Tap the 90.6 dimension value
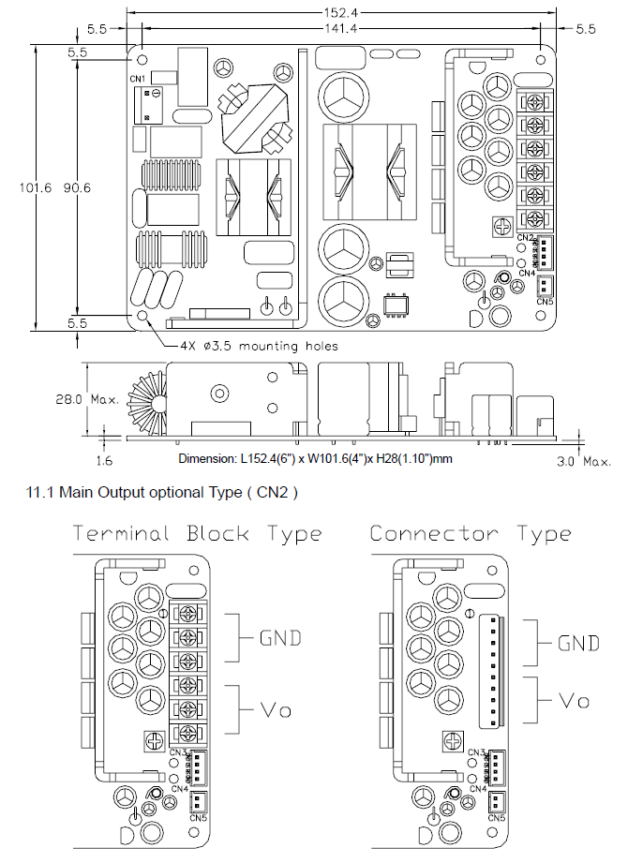click(x=77, y=188)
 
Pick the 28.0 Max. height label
click(x=85, y=399)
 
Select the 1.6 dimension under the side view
click(x=107, y=461)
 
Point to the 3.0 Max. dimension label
click(x=583, y=461)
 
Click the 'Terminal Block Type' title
click(x=197, y=534)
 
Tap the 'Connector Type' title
click(x=470, y=534)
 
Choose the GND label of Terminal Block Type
click(x=280, y=638)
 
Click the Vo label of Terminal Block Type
click(x=274, y=710)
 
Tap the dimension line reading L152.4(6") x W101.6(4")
click(x=315, y=459)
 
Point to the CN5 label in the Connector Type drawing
click(x=494, y=817)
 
